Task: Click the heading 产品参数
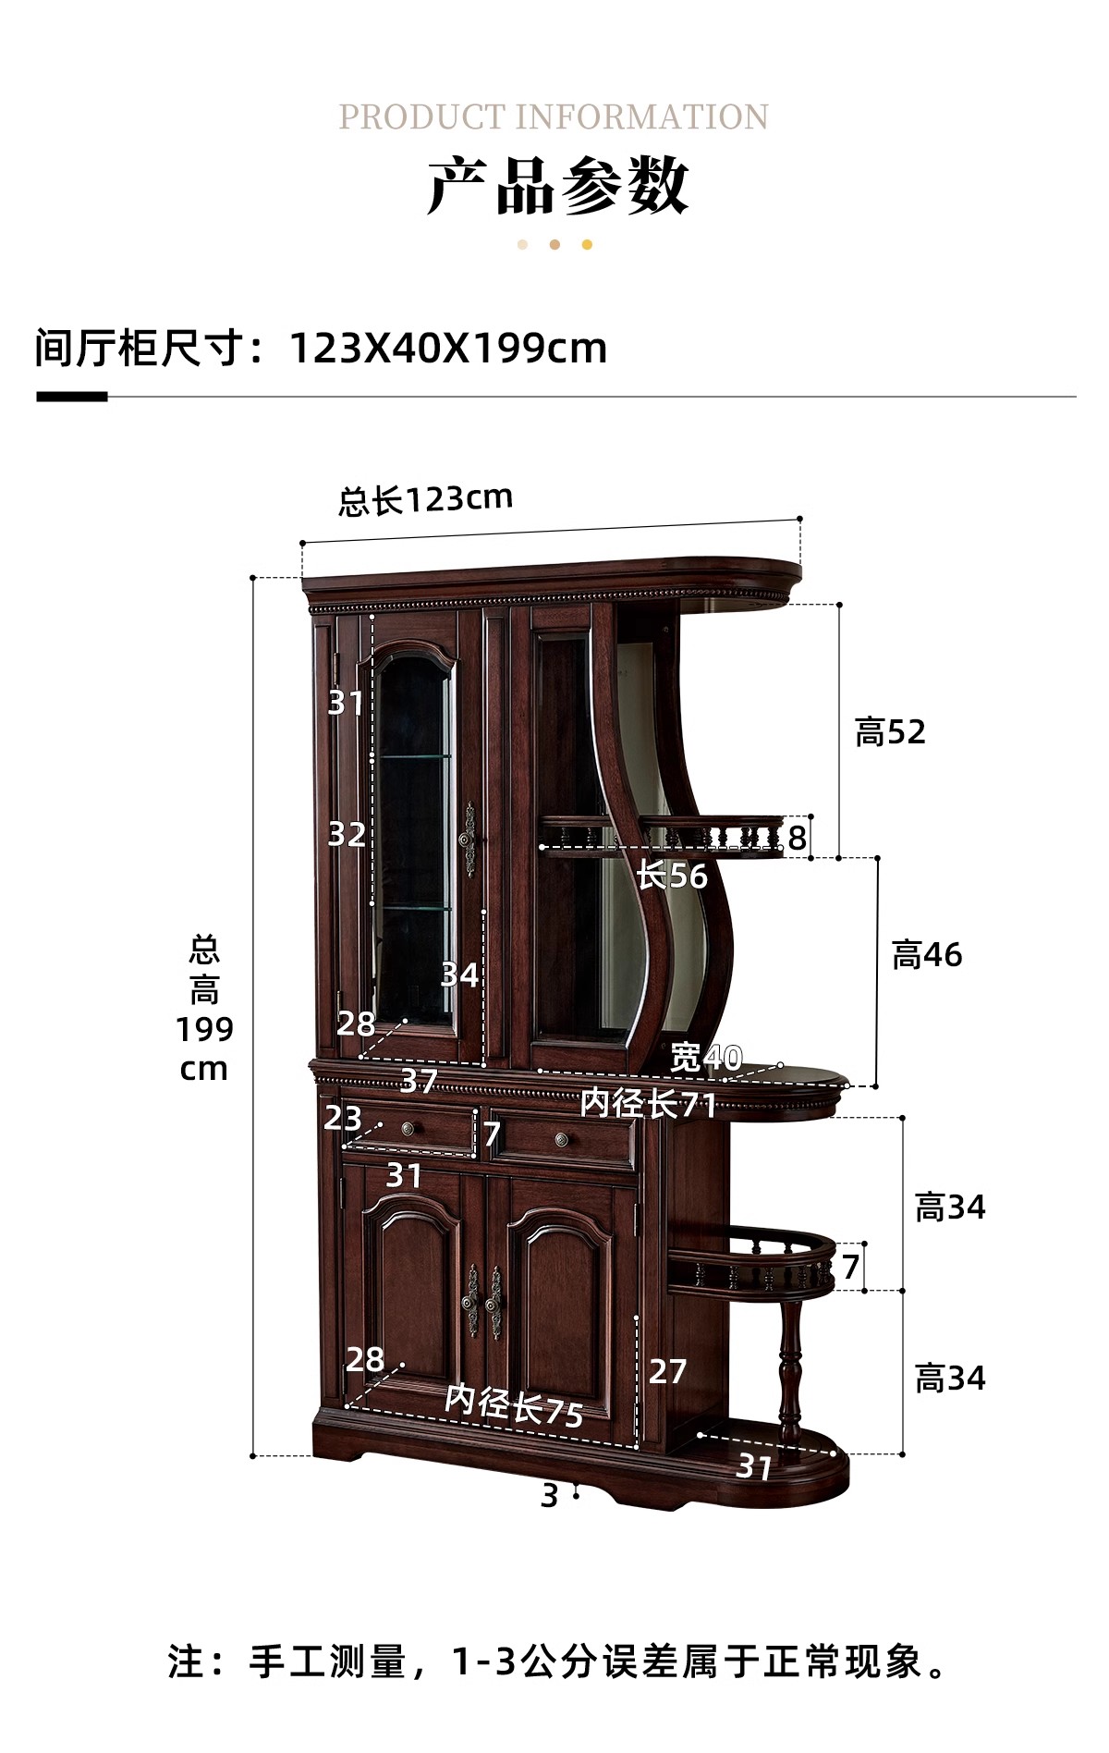pos(557,186)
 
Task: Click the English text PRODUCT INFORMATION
pos(554,117)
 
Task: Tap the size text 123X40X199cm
pos(448,349)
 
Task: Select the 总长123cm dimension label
pos(425,499)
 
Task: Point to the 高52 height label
pos(890,732)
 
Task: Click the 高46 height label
pos(927,955)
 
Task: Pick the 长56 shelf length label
pos(672,876)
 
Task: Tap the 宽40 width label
pos(706,1057)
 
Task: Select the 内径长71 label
pos(649,1103)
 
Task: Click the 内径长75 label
pos(514,1406)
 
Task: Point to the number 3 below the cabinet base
pos(550,1495)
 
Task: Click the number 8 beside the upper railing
pos(797,838)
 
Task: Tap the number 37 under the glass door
pos(419,1080)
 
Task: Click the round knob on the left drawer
pos(408,1129)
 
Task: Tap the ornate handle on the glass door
pos(469,840)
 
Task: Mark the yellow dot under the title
pos(587,245)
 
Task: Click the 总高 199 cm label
pos(204,1008)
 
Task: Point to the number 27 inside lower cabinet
pos(667,1371)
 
